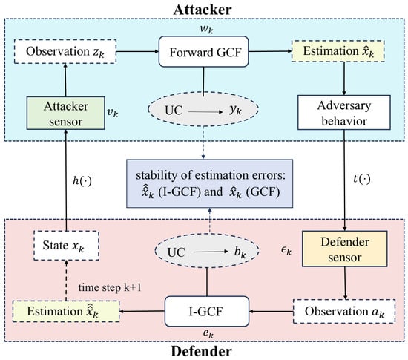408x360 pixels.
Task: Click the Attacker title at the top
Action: point(203,10)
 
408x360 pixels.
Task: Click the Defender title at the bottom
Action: point(201,351)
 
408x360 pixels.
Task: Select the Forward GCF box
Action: point(204,51)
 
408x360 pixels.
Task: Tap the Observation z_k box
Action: point(65,51)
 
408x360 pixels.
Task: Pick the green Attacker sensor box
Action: point(66,113)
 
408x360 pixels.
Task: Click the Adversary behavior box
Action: point(344,112)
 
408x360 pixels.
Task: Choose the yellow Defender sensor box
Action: point(344,249)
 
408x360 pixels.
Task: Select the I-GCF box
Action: point(207,311)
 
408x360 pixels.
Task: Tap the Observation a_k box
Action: point(344,311)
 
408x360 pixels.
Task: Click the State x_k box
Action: point(66,246)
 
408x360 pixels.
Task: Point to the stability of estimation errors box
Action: point(209,183)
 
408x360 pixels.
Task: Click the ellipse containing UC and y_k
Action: point(203,109)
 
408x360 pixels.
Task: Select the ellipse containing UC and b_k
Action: point(207,251)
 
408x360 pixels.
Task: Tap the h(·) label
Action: point(82,180)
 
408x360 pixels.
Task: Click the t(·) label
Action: point(362,179)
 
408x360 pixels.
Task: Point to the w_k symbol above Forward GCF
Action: point(207,29)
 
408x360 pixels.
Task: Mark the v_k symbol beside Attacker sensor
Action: point(113,112)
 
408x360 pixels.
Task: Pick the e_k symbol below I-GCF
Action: point(208,333)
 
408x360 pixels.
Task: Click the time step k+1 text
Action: point(110,288)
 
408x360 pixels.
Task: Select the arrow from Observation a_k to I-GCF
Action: point(271,311)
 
